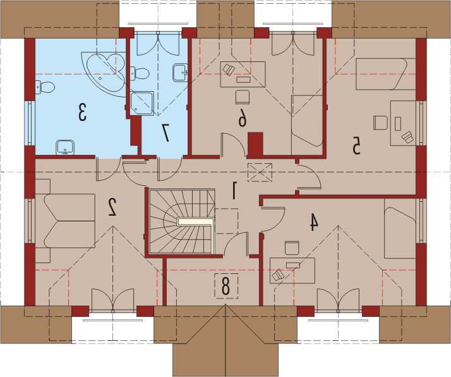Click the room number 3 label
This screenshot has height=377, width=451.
point(83,113)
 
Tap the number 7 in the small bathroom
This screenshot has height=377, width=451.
point(165,133)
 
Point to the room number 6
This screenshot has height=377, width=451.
point(243,118)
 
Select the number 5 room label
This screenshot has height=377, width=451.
point(356,145)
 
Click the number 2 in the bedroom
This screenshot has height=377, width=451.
point(112,207)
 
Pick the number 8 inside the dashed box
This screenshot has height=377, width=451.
point(225,286)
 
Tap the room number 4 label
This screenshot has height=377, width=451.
point(314,222)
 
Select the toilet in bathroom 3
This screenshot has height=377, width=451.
point(45,87)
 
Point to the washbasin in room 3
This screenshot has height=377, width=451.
point(65,147)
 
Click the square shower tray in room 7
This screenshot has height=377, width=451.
point(141,103)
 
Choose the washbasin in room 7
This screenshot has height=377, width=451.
point(180,73)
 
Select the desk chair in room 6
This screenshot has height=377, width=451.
point(242,97)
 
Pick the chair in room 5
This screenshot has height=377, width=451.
point(380,123)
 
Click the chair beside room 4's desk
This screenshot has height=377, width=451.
point(292,248)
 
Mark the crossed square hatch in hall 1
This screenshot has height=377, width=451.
point(260,172)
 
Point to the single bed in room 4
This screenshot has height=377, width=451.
point(400,232)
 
